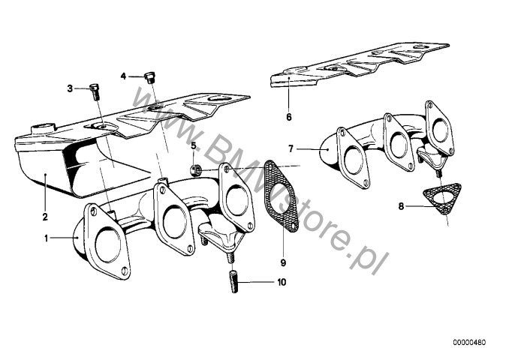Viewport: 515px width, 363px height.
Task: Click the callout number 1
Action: coord(46,238)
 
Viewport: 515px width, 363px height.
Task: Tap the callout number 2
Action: coord(45,217)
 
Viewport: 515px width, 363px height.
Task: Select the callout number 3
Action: coord(70,88)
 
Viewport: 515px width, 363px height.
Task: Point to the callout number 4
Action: coord(124,76)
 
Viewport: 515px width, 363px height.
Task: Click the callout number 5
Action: coord(193,145)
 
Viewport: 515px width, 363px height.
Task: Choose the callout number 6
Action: coord(288,117)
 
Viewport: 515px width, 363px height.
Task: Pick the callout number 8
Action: coord(402,205)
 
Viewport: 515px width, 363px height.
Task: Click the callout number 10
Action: coord(282,283)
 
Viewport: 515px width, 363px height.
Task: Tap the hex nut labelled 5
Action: coord(197,169)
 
